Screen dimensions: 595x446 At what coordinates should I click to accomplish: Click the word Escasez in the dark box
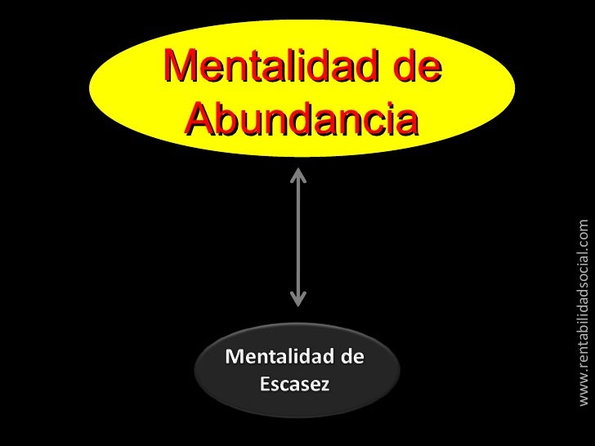[294, 407]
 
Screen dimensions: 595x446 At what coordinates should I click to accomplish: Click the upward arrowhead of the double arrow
[298, 175]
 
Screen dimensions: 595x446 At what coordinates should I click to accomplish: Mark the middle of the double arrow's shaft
[298, 237]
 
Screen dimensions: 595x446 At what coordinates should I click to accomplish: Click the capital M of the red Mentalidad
[181, 66]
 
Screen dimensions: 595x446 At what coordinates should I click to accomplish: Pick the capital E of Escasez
[265, 407]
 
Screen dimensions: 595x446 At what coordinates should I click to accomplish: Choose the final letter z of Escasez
[324, 408]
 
